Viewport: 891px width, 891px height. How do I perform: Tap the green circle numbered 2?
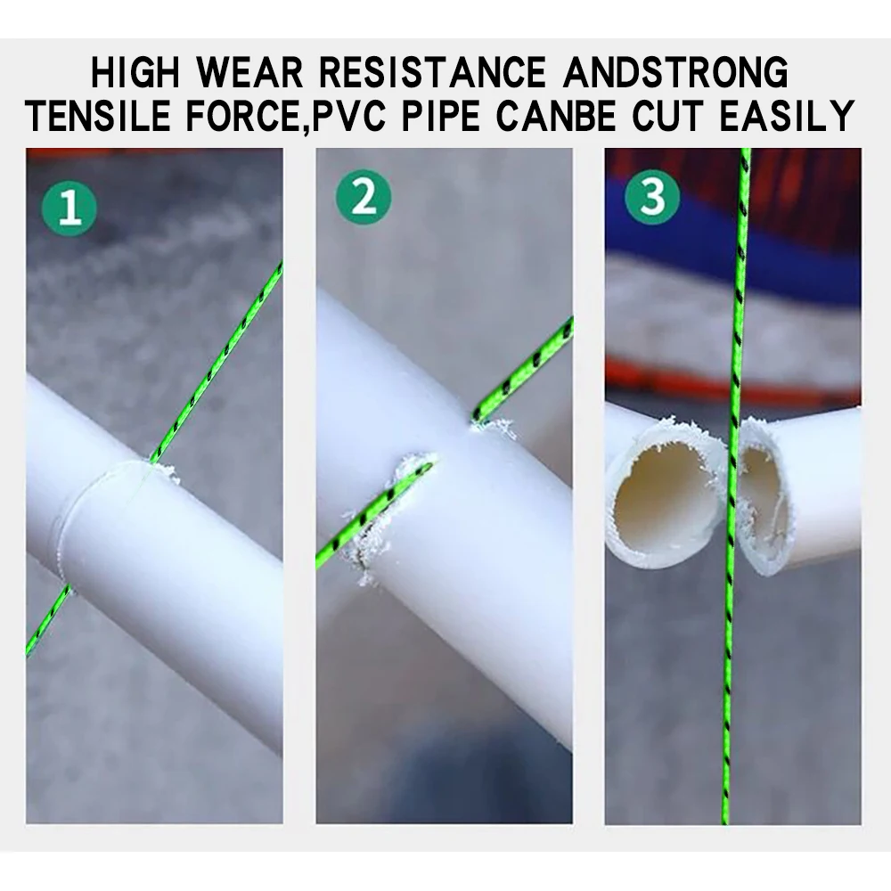(x=363, y=199)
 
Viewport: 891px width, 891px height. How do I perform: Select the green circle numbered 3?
(x=653, y=199)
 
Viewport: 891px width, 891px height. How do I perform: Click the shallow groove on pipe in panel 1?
(x=80, y=526)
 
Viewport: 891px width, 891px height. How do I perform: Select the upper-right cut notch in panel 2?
(x=490, y=423)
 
